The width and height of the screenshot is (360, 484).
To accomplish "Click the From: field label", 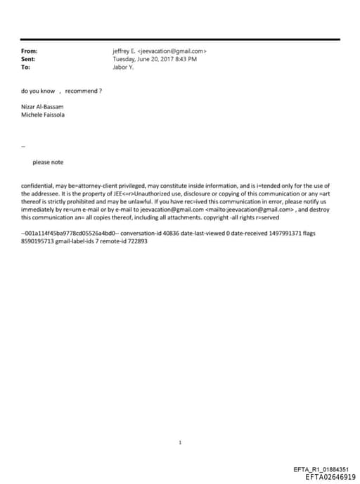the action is (30, 51).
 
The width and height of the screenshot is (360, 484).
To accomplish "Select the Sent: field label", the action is (29, 59).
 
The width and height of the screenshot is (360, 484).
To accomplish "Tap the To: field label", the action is (26, 67).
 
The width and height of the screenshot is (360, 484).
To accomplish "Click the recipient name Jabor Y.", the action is (123, 67).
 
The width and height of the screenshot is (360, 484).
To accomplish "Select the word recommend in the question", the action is (84, 91).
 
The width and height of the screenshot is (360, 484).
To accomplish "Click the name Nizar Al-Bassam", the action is (43, 106).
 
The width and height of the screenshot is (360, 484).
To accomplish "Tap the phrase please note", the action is (48, 163).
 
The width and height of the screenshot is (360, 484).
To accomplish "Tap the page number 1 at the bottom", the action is (180, 443).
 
